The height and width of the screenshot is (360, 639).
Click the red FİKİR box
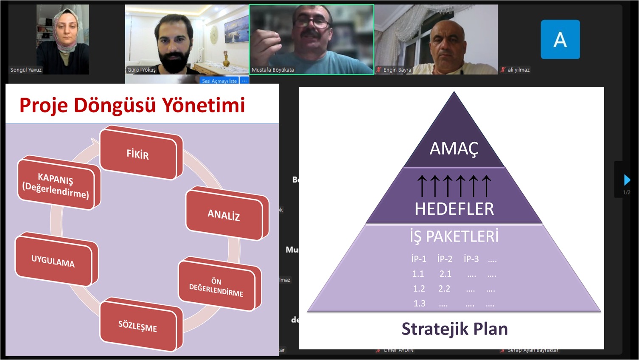point(138,154)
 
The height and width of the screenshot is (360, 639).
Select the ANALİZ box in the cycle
point(224,215)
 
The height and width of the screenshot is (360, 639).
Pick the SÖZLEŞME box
point(138,326)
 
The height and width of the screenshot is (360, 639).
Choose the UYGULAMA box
point(53,261)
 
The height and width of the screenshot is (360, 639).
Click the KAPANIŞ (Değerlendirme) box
point(56,186)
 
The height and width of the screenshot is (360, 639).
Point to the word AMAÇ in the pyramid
point(454,149)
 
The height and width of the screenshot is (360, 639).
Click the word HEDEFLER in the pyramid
point(454,209)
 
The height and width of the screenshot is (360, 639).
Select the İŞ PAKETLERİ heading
point(454,236)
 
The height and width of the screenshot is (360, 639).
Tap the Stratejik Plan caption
point(454,329)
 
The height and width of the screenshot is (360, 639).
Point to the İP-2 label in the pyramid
point(445,259)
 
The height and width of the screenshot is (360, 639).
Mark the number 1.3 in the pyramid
point(419,304)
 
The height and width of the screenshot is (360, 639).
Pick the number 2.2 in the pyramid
point(444,289)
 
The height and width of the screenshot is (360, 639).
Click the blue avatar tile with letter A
point(560,39)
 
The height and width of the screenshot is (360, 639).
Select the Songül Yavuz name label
point(26,70)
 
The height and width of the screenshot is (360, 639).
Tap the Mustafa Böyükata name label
point(273,70)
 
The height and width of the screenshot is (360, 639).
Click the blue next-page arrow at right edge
point(627,180)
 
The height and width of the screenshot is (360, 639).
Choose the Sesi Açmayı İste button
point(219,81)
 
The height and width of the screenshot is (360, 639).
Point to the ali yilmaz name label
point(518,70)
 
